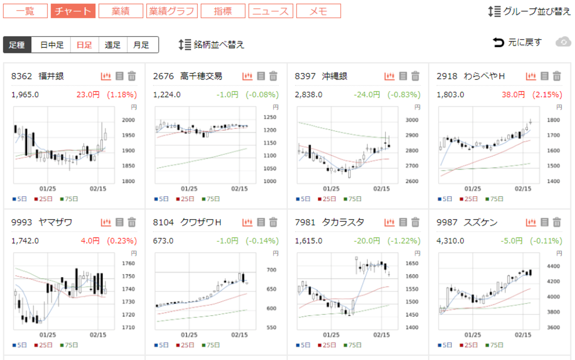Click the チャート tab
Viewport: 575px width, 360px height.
point(73,11)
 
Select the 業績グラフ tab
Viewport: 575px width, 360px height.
point(172,11)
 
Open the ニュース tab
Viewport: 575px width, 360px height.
point(270,11)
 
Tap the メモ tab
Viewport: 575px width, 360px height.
point(318,11)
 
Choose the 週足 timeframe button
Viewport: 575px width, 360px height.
point(112,45)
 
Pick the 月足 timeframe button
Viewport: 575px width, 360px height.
point(141,45)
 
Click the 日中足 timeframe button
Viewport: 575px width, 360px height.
point(52,45)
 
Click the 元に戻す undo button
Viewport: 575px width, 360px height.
point(517,42)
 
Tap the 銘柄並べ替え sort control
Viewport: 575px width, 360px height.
point(212,45)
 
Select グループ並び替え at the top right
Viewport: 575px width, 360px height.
point(530,11)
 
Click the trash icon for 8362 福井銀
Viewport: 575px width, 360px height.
point(132,76)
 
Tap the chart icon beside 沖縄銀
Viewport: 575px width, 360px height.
point(389,76)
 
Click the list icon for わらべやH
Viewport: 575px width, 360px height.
point(545,76)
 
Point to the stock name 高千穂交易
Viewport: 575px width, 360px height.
point(201,76)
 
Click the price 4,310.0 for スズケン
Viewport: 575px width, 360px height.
point(450,241)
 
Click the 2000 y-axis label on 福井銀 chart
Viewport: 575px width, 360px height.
point(128,120)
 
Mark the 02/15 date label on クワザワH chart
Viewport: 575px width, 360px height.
point(239,335)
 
